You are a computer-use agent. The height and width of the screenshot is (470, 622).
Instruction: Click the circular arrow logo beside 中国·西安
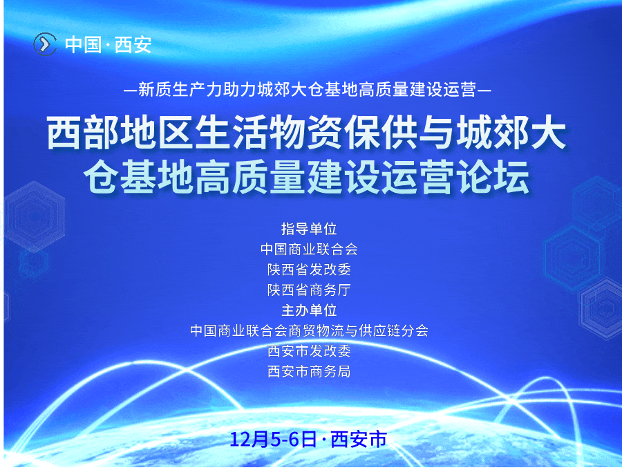45,44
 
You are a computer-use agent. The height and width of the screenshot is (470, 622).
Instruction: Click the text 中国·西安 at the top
109,44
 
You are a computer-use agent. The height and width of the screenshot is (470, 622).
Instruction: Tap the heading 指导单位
309,229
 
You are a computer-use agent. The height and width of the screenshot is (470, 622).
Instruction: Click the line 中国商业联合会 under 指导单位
309,249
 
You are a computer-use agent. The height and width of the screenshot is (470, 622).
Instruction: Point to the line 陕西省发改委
309,269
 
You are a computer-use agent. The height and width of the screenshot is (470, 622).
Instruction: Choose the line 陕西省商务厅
309,290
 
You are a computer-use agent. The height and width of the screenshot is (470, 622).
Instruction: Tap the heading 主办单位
309,310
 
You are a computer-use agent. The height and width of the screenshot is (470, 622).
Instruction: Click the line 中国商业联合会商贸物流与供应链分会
309,330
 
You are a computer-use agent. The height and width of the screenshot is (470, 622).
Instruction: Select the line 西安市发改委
309,350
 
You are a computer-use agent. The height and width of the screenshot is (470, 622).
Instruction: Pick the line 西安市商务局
309,371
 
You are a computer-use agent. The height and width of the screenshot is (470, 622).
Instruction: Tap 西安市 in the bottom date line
358,439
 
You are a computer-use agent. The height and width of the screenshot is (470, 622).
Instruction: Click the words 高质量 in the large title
245,178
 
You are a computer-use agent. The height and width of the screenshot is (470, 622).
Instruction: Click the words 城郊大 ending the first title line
511,133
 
